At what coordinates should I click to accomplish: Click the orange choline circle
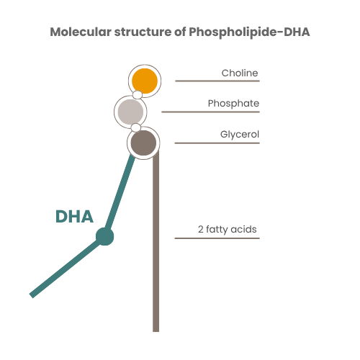144,79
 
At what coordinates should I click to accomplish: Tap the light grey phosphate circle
131,112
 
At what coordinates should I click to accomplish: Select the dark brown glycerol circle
143,142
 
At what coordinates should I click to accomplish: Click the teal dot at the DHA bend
105,235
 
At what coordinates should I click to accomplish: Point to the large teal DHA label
74,217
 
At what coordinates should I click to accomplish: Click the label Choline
240,73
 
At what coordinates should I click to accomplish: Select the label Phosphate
233,104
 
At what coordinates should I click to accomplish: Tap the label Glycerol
239,134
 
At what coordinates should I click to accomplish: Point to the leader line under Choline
217,81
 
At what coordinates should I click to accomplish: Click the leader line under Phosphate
210,112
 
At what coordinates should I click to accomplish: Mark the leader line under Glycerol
217,143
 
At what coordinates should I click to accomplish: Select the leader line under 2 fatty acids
217,238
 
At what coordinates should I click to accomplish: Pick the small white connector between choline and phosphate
137,94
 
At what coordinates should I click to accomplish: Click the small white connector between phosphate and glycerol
135,127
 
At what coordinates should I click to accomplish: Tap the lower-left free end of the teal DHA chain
32,293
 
